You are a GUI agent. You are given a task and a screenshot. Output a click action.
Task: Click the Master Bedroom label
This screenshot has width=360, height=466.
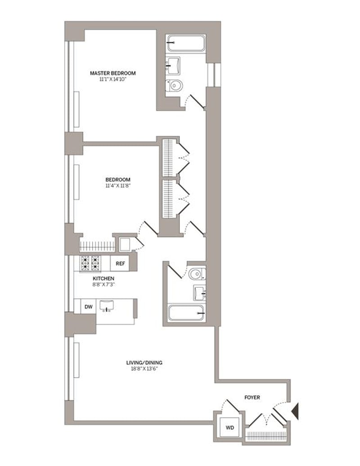click(x=112, y=73)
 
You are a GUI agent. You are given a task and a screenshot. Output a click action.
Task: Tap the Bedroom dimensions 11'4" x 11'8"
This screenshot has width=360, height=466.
click(x=118, y=186)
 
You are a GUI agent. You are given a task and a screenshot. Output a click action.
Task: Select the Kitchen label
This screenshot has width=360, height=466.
click(x=103, y=278)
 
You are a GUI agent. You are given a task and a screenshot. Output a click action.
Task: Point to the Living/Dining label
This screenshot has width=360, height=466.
click(x=144, y=363)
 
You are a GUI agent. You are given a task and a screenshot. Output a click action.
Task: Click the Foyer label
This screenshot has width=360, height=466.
click(x=252, y=397)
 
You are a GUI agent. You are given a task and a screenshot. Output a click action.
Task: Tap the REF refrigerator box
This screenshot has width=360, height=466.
click(x=120, y=263)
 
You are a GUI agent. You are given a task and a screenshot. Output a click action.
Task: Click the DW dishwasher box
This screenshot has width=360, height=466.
click(x=89, y=306)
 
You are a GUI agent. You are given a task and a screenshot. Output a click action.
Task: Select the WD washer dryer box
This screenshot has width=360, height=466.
click(x=229, y=427)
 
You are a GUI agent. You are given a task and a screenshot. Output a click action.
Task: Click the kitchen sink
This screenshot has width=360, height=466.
click(x=107, y=305)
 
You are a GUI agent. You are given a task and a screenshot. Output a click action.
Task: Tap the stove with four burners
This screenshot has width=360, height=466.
click(x=90, y=263)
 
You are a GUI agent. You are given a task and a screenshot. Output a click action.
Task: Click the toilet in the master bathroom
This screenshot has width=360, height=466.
click(x=174, y=86)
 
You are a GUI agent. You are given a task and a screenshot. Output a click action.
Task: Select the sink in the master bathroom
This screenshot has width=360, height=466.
click(x=173, y=66)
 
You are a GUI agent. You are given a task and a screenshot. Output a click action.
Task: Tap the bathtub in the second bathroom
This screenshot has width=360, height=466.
click(x=186, y=313)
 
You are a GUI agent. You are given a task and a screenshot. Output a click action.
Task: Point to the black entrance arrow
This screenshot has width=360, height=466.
click(x=295, y=411)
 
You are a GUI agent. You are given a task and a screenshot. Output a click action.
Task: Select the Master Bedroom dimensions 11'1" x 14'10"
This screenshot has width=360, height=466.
click(x=113, y=79)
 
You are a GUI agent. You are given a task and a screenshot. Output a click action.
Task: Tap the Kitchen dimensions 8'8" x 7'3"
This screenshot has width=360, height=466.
click(x=104, y=284)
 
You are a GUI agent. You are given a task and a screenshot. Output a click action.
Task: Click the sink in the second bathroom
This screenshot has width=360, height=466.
click(x=199, y=293)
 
